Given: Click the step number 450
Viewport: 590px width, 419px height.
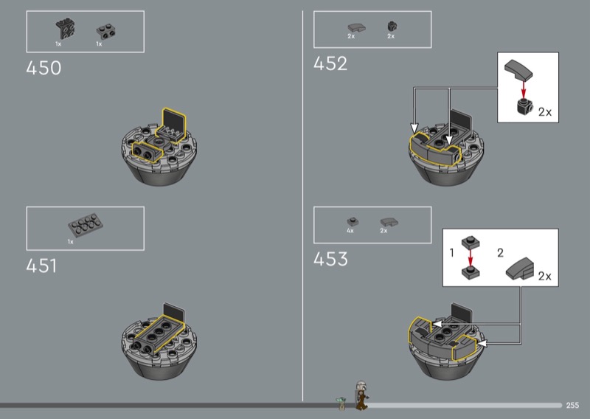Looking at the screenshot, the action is tap(44, 68).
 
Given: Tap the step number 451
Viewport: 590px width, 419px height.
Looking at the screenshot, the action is tap(41, 266).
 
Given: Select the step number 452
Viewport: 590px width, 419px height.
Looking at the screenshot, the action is tap(330, 63).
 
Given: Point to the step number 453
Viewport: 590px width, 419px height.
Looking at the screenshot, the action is tap(330, 259).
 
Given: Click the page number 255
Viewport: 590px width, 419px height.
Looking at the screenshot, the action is tap(572, 405).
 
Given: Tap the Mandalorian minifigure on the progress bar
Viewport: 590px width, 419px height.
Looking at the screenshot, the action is tap(361, 395).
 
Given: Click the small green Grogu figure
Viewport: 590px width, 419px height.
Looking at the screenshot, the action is tap(341, 403).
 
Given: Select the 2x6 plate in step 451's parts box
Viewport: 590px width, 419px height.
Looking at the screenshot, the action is tap(86, 224).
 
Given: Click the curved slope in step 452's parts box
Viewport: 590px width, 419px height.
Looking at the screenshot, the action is tap(356, 27).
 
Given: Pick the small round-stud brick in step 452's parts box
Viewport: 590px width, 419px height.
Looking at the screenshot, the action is tap(392, 27).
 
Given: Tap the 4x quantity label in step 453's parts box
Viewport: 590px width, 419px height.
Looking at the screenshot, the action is tap(350, 231).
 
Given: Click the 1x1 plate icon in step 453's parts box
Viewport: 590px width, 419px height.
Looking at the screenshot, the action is tap(353, 221).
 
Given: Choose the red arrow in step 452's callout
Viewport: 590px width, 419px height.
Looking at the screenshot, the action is tap(523, 89).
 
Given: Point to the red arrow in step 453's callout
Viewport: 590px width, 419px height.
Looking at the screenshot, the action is tap(471, 257).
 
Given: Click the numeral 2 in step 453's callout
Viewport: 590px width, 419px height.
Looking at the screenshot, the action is tap(500, 252).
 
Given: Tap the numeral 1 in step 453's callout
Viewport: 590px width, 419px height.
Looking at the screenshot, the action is tap(452, 252).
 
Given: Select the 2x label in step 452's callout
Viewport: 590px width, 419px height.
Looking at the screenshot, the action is tap(545, 112).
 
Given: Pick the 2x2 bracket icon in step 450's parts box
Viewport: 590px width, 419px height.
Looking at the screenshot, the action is tap(66, 28).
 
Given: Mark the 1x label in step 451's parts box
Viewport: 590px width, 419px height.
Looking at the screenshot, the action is tap(71, 242).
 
